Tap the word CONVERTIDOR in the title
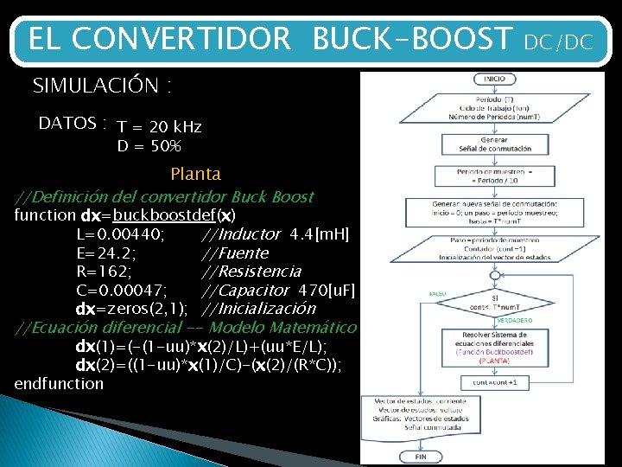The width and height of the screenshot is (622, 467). pyautogui.click(x=182, y=39)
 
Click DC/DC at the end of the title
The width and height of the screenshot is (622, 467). pyautogui.click(x=558, y=41)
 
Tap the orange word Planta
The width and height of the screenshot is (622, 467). pyautogui.click(x=195, y=174)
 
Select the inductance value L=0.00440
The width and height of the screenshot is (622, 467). pyautogui.click(x=122, y=233)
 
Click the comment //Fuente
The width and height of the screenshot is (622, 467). pyautogui.click(x=235, y=253)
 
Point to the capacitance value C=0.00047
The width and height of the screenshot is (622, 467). pyautogui.click(x=122, y=290)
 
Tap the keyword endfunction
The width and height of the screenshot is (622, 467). pyautogui.click(x=59, y=383)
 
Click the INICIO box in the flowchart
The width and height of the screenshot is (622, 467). pyautogui.click(x=494, y=79)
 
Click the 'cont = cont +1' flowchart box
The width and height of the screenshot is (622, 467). pyautogui.click(x=494, y=381)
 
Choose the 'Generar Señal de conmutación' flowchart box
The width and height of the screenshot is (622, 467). pyautogui.click(x=494, y=144)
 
